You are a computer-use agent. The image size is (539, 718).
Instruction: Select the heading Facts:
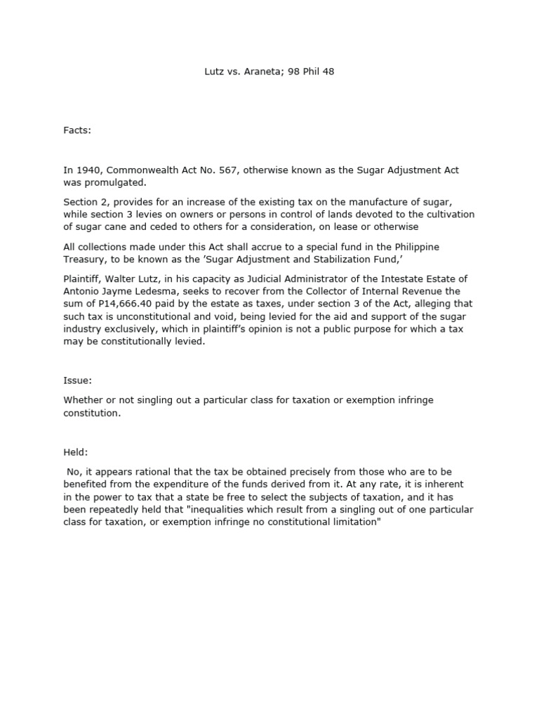point(78,130)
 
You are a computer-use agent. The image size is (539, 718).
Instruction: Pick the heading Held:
point(76,453)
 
